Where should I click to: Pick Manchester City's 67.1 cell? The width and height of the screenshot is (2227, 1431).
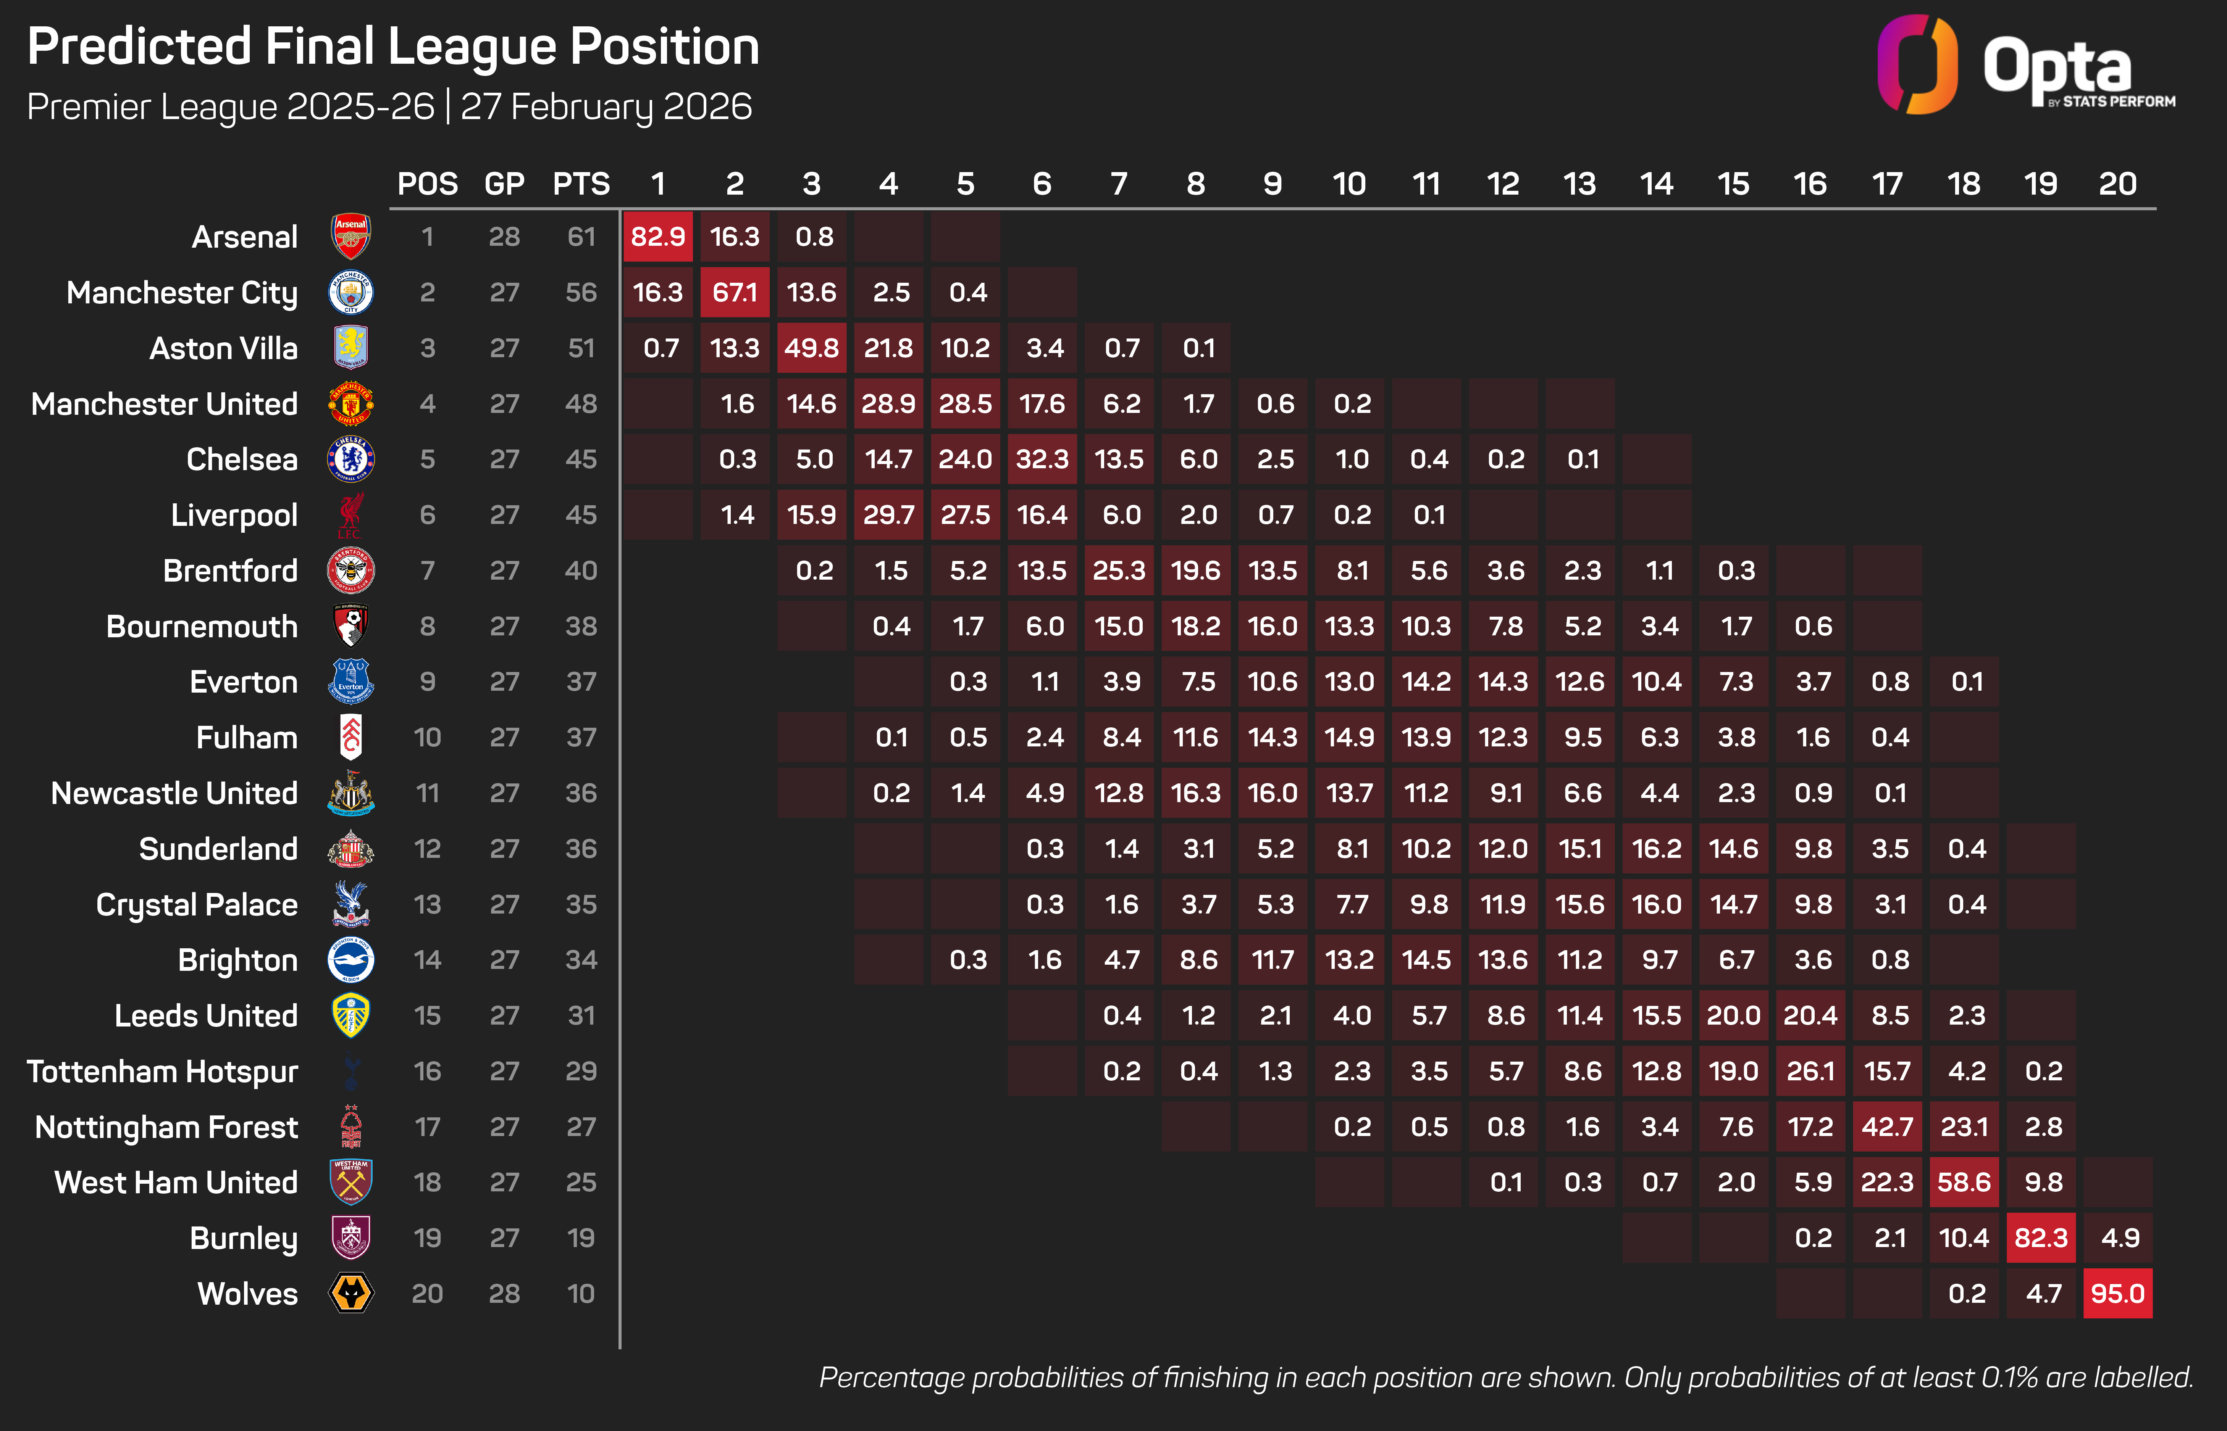point(734,293)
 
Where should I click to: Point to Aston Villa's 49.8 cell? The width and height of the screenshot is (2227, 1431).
point(811,348)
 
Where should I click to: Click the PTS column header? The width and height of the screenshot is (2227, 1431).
point(581,184)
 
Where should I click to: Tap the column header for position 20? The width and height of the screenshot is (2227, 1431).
point(2117,184)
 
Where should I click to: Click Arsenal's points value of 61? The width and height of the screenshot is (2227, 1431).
point(581,237)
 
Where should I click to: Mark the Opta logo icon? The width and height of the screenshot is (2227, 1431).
point(1917,65)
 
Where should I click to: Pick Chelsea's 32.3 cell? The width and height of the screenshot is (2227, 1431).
point(1042,459)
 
